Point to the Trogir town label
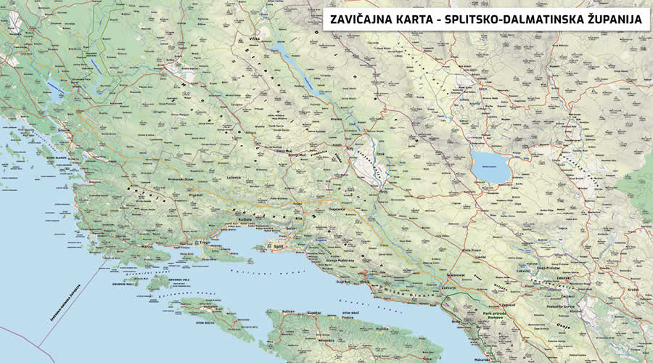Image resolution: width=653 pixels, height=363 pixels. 205,242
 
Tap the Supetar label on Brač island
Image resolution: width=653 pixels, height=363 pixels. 313,312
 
